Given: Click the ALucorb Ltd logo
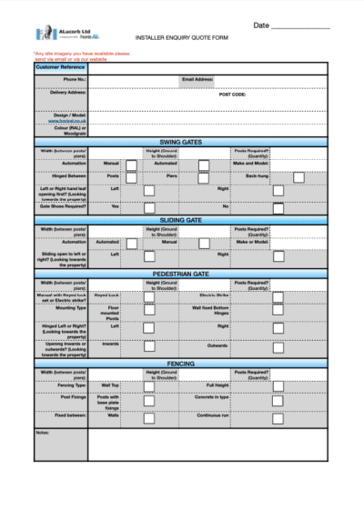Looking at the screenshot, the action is click(x=56, y=34).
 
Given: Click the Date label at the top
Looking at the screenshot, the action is click(x=261, y=25).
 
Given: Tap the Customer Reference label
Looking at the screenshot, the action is click(x=60, y=67).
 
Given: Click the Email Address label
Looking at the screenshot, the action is click(x=197, y=79).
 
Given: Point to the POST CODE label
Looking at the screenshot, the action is click(x=233, y=94).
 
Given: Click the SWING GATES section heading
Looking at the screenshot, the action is click(x=182, y=142).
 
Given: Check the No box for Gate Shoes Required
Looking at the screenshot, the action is click(x=277, y=206).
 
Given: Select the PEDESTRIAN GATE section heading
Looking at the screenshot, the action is click(x=182, y=273).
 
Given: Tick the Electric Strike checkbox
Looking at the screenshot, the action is click(x=277, y=296).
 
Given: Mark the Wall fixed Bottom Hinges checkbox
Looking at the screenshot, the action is click(x=277, y=310).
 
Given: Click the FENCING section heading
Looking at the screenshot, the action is click(x=182, y=363).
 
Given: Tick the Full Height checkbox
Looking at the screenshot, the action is click(x=277, y=385).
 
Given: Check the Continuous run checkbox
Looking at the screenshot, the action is click(x=277, y=415).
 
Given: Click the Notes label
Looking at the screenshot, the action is click(x=43, y=432).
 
